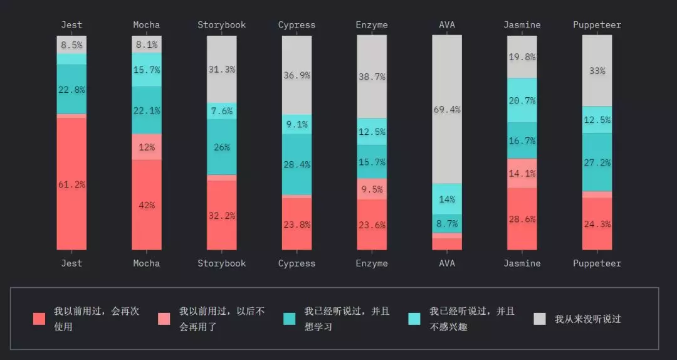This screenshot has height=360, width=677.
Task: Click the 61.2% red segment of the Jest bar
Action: [x=71, y=184]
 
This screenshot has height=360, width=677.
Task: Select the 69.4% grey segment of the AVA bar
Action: [x=447, y=109]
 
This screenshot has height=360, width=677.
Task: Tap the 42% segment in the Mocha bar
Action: [x=147, y=204]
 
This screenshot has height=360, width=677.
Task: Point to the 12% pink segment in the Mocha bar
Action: [x=147, y=147]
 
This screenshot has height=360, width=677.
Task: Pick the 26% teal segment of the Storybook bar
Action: [x=222, y=147]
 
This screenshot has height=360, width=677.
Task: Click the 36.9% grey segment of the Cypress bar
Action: [x=297, y=75]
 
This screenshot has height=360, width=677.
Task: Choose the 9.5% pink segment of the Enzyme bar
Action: [x=372, y=189]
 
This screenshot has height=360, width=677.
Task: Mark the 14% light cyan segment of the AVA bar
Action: [x=447, y=199]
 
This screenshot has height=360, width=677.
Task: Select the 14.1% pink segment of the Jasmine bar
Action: [x=522, y=174]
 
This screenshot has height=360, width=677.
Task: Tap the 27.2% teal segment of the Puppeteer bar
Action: [x=597, y=162]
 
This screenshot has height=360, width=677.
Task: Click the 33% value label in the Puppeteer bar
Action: [x=597, y=71]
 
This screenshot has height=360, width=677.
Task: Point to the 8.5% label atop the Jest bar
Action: [x=71, y=45]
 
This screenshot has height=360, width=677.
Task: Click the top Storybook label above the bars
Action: [x=222, y=25]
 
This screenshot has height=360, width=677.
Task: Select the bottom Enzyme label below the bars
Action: [x=372, y=263]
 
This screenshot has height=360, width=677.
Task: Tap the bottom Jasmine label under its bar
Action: [x=522, y=263]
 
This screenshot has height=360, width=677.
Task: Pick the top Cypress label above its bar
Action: [x=297, y=25]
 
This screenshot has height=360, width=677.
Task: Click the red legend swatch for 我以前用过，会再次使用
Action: [x=39, y=319]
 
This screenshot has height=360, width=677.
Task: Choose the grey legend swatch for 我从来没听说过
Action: [x=540, y=319]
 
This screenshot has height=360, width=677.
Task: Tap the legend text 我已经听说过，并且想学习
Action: [x=347, y=319]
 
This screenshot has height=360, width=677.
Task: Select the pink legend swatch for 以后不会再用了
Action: [x=164, y=319]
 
